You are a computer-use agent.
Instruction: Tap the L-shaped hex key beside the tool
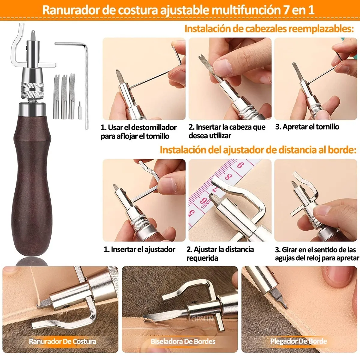(86, 87)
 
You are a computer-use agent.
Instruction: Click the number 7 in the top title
(286, 10)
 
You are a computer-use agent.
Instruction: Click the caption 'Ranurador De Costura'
(62, 341)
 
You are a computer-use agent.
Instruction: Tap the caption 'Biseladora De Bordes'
(183, 341)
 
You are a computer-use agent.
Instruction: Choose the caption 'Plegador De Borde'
(298, 341)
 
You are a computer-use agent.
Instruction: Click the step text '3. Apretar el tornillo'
(307, 127)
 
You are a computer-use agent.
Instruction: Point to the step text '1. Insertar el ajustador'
(139, 250)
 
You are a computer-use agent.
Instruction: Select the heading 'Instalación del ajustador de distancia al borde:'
(258, 150)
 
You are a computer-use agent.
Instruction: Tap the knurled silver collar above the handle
(32, 90)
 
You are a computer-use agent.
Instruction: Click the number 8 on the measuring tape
(228, 177)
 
